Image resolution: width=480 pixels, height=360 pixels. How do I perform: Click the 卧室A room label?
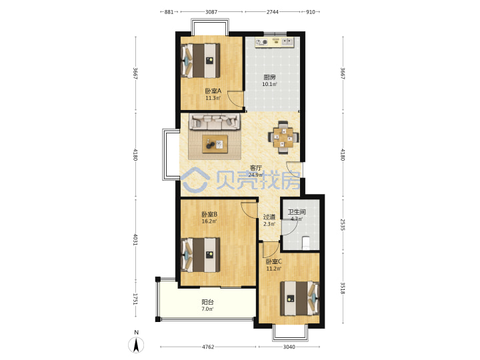pos(213,91)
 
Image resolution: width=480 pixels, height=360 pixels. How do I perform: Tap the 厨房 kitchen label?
pos(269,77)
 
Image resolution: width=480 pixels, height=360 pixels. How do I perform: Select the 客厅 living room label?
pos(255,168)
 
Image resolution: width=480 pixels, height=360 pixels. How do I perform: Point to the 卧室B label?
pos(209,214)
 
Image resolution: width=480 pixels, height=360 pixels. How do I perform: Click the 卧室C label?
pos(273,262)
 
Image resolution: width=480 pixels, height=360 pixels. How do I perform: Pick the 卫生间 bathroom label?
pos(297,212)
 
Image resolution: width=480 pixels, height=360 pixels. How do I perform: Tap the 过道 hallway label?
pos(269,217)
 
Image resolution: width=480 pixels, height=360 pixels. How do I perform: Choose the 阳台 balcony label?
pos(207,302)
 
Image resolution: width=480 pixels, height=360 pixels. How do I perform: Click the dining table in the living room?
pos(283,137)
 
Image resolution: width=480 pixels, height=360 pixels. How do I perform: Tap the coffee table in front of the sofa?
pos(215,144)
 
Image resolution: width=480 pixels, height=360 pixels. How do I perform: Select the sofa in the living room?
pos(214,121)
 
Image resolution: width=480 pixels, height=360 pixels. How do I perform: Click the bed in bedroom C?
pos(300,299)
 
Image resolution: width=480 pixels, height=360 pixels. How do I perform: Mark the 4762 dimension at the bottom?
pos(208,347)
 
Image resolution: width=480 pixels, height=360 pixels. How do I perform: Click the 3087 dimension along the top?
pos(211,12)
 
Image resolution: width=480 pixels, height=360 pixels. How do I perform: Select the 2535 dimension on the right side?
pos(343,225)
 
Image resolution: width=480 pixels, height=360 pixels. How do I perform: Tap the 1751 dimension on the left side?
pos(135,299)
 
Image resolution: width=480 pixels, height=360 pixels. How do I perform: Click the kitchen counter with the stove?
pos(275,42)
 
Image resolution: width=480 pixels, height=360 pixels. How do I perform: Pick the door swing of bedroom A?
pos(236,99)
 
